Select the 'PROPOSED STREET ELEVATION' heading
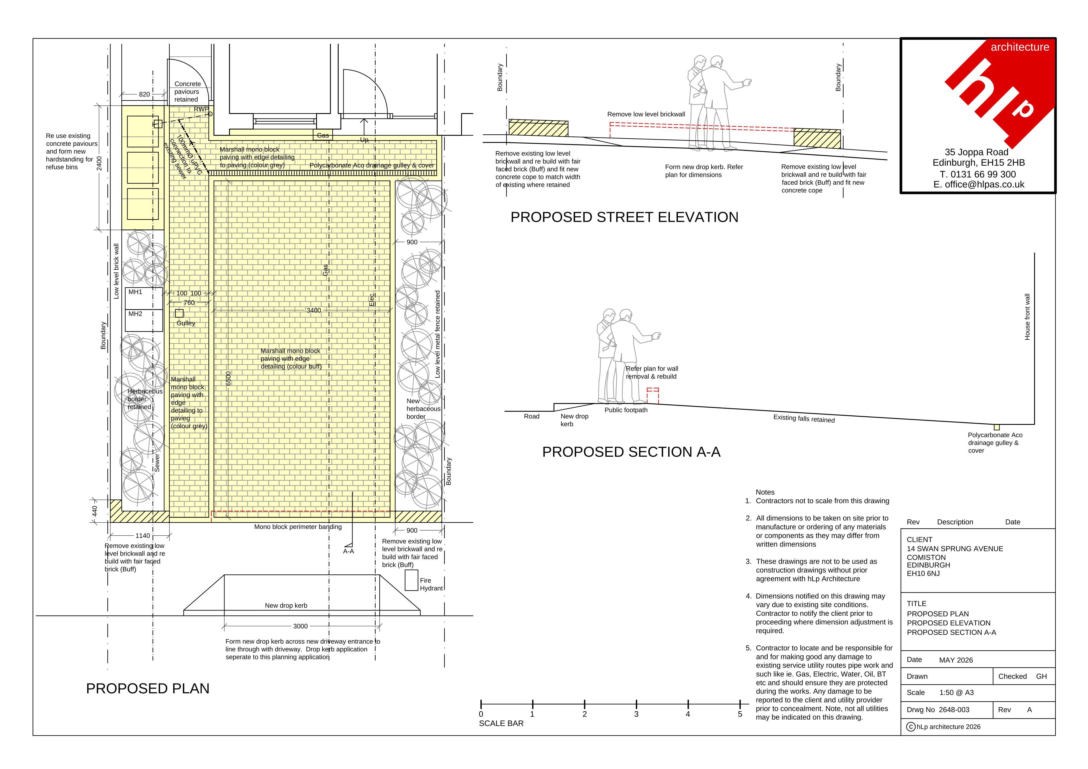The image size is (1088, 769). pos(624,217)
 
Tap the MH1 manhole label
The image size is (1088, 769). pos(135,292)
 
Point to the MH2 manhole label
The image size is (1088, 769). pos(135,314)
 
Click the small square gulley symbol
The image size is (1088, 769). pos(179,313)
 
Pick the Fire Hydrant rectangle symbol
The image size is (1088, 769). pos(411,580)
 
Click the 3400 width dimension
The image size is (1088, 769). pos(314,310)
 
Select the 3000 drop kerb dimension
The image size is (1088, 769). pos(300,626)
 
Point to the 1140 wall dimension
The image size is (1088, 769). pos(143,535)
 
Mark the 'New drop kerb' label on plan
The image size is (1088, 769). pos(286,605)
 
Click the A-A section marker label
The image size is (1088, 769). pos(348,551)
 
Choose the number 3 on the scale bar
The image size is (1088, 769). pos(636,714)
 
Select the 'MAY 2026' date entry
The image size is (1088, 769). pos(956,660)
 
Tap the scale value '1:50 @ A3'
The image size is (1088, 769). pos(956,692)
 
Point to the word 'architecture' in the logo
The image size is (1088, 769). pos(1020,47)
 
